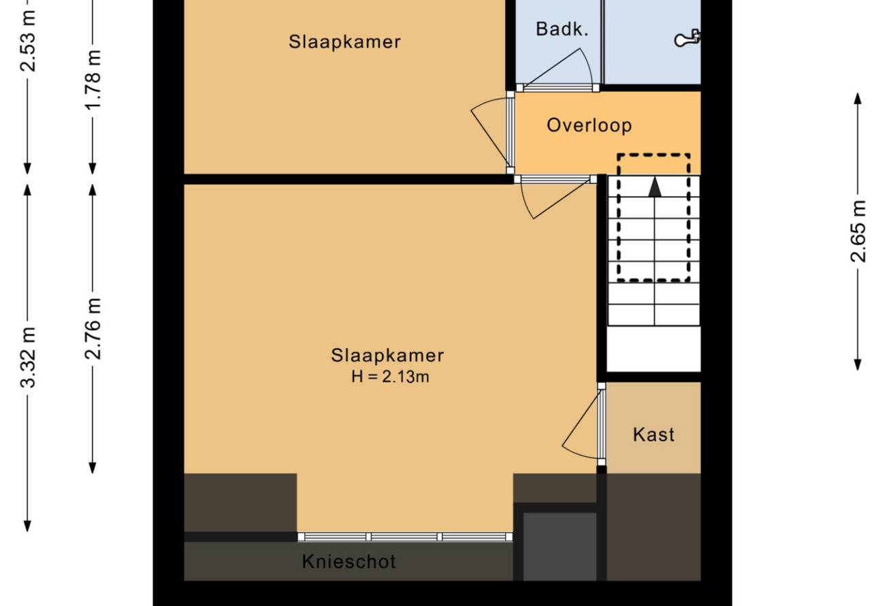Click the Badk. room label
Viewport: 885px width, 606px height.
562,29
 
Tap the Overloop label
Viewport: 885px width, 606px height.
589,125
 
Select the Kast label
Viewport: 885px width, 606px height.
654,434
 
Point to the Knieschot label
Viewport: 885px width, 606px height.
349,562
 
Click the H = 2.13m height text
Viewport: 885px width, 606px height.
390,377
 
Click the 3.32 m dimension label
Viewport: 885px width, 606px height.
28,357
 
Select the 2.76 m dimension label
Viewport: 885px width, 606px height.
93,329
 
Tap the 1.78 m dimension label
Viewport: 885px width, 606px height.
93,79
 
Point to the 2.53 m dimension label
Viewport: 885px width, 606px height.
28,42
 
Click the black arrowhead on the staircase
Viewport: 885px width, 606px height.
655,187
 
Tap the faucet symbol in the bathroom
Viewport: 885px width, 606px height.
687,39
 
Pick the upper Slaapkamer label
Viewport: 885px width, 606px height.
344,42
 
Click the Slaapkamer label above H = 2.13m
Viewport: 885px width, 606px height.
387,355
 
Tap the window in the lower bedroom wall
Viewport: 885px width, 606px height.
405,537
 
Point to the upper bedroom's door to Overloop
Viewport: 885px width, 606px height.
493,133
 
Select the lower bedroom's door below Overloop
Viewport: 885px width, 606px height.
556,197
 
